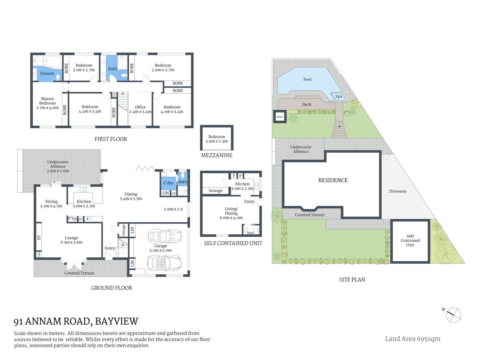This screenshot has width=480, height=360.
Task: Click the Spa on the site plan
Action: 339,96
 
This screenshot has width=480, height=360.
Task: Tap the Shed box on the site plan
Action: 280,117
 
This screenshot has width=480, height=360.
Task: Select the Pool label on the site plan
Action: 307,79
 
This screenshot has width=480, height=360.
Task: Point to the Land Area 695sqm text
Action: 412,339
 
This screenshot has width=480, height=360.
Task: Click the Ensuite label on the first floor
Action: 47,73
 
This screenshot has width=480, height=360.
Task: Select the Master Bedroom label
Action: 47,103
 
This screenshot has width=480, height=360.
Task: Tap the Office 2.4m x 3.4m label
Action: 140,109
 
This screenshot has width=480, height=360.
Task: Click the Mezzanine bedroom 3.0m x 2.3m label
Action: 217,139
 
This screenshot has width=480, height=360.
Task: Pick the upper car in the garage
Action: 165,237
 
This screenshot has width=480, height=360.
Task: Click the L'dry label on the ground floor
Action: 168,183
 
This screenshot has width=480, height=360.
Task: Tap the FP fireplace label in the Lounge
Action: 39,237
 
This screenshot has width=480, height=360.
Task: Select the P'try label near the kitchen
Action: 72,219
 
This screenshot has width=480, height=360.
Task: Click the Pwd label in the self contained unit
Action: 250,233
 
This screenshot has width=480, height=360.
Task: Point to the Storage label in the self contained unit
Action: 215,191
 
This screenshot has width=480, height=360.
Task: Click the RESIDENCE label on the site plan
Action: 333,180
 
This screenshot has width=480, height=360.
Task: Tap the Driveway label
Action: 397,191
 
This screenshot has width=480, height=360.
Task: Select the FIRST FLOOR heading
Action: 111,139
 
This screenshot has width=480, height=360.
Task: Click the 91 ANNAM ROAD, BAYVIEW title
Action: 76,321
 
